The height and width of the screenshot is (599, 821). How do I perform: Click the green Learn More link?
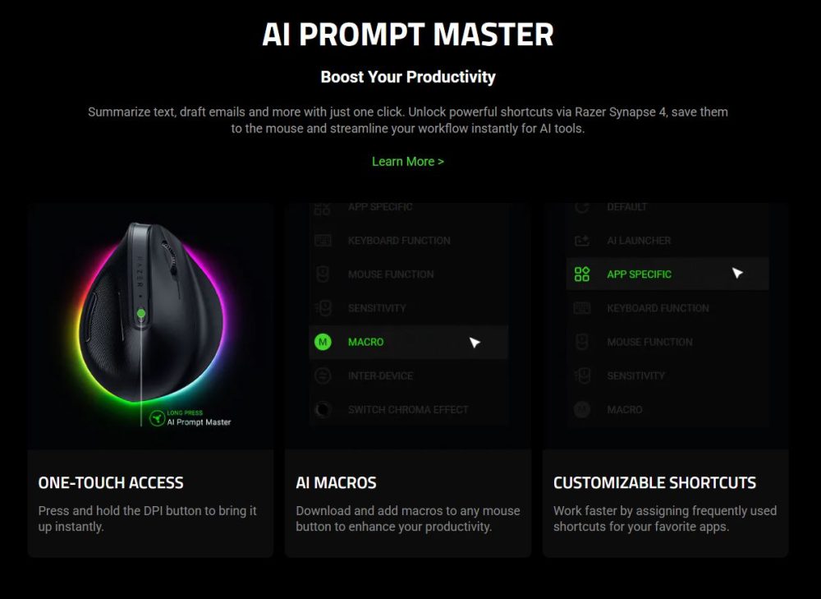pos(407,161)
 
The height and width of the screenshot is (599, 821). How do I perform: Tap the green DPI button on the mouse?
pos(142,313)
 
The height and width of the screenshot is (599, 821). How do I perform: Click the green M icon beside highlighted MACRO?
pos(323,342)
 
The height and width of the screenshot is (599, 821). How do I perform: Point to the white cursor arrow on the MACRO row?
pos(475,343)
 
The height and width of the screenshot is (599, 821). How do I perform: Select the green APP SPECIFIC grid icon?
pos(582,274)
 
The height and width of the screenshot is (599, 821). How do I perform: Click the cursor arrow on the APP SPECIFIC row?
pos(737,274)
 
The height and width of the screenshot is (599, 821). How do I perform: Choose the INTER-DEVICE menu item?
pos(380,376)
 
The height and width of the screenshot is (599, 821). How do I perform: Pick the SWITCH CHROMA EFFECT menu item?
pos(408,409)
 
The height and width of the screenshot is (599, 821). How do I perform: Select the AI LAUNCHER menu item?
pos(639,241)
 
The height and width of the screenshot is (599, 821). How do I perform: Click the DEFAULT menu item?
pos(627,207)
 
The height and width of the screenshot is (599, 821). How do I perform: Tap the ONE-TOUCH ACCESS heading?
pos(111,482)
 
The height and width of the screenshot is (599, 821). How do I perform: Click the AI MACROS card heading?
pos(336,482)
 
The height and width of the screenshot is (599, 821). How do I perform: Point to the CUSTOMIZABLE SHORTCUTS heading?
pos(654,482)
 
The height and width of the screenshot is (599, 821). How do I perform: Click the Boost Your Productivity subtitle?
pos(408,77)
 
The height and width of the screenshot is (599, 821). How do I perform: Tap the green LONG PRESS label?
pos(185,412)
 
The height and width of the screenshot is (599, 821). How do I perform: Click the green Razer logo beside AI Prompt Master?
pos(156,418)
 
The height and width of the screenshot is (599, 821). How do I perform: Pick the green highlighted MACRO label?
pos(365,342)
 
